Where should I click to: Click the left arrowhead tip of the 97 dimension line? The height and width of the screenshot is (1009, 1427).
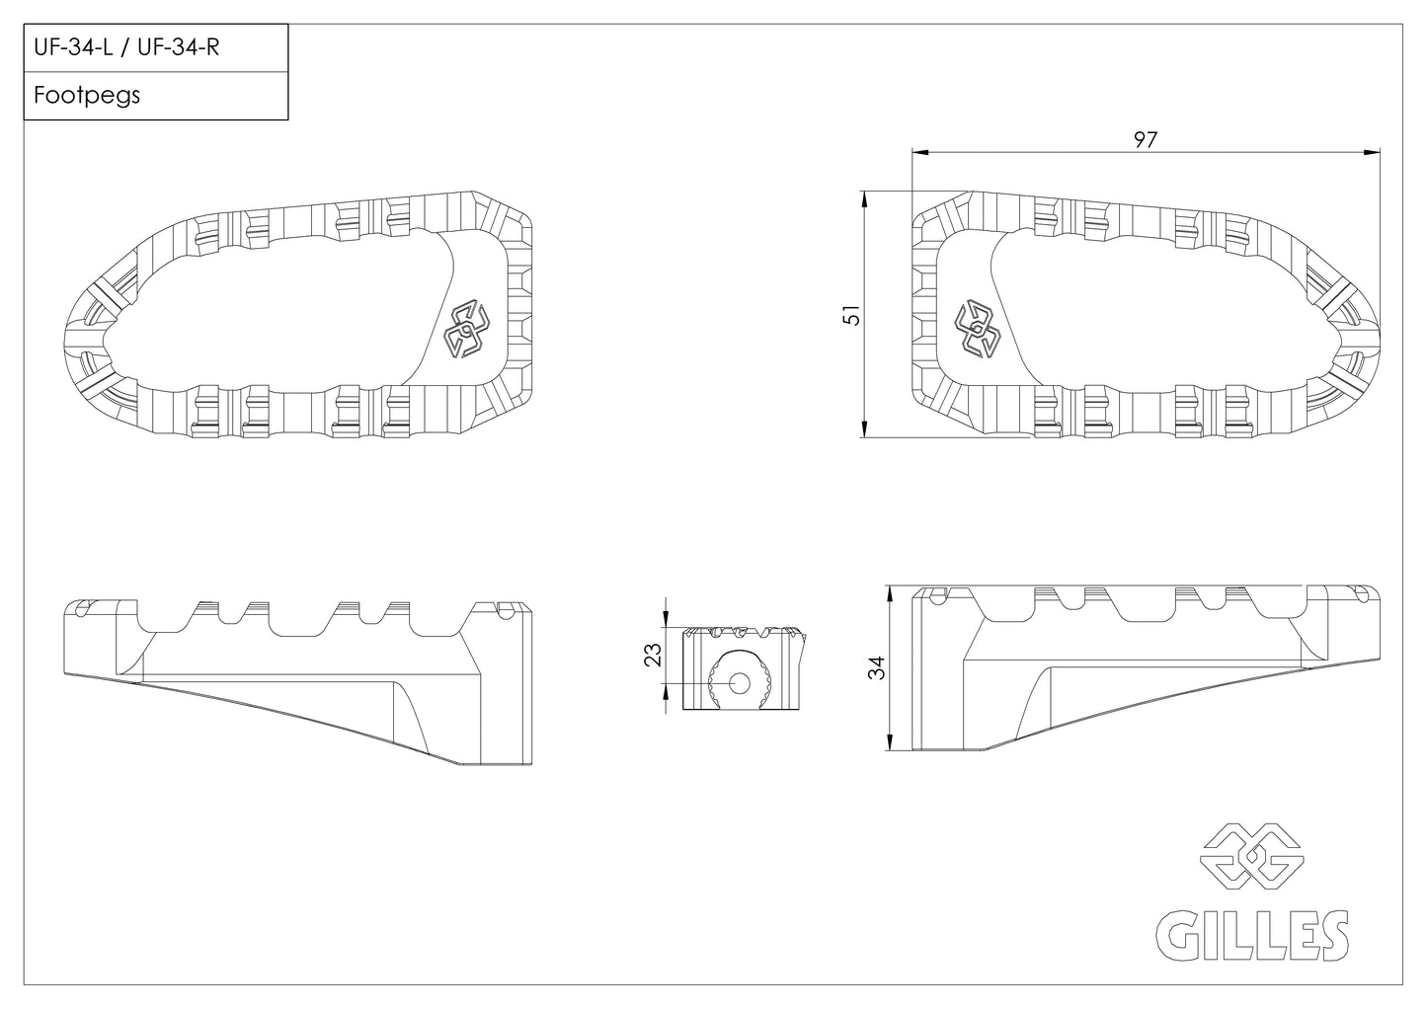pos(912,153)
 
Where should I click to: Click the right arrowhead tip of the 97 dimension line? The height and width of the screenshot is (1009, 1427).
pos(1380,153)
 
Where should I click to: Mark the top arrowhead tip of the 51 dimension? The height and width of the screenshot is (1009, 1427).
pos(864,192)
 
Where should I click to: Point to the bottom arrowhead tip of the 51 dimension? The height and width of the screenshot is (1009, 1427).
pos(864,437)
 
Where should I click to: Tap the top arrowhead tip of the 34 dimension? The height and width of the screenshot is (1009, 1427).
pos(890,586)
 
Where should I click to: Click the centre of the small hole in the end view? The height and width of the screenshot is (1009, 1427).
pos(740,684)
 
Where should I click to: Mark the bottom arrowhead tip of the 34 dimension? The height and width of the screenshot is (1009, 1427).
pos(890,750)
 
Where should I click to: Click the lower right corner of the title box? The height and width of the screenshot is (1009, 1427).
pos(288,119)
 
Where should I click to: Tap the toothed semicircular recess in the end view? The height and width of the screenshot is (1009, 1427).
pos(740,679)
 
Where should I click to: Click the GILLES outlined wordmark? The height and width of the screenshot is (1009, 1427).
pos(1252,935)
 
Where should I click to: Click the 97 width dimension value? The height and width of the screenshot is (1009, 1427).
pos(1146,139)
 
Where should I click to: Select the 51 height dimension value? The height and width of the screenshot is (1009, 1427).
pos(851,315)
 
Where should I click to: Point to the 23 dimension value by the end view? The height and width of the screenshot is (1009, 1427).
pos(654,655)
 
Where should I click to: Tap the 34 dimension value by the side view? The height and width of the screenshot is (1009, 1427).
pos(877,667)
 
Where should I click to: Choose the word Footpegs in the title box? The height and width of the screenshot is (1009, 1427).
pos(87,96)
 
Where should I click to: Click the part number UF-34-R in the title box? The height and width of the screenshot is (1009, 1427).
pos(179,47)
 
